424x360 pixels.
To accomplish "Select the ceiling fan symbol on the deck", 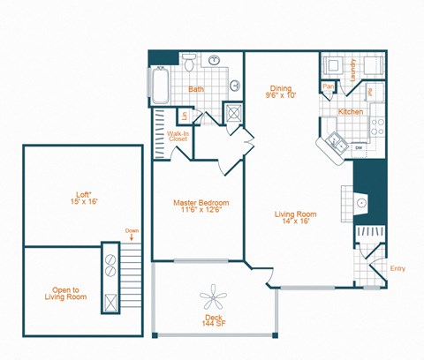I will [x=214, y=296].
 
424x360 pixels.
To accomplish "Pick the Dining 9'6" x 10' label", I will [x=280, y=91].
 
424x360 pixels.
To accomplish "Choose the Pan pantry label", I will [x=327, y=86].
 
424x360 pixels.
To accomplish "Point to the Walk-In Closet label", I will [x=178, y=137].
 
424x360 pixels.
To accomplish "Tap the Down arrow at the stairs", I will [x=131, y=235].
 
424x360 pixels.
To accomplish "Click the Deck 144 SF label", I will [x=214, y=320].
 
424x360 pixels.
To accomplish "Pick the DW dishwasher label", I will [x=360, y=147].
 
